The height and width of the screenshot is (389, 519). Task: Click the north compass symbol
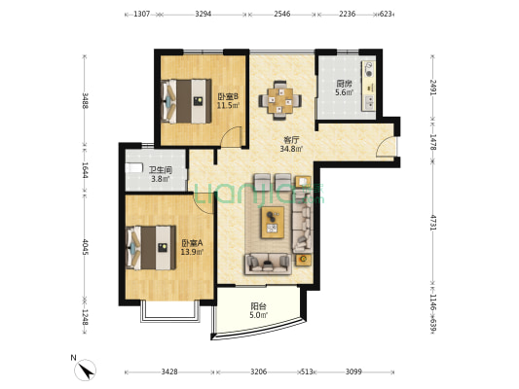(85, 370)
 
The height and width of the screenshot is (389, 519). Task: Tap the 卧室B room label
(228, 96)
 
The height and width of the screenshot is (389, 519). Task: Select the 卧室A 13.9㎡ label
(192, 248)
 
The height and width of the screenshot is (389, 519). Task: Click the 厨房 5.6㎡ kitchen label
(345, 88)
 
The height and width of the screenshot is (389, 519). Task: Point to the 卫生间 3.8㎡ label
(161, 175)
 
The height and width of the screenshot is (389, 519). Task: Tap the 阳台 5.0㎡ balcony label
(258, 310)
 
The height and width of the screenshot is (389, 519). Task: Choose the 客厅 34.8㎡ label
(291, 145)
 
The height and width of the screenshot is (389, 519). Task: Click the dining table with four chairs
(280, 100)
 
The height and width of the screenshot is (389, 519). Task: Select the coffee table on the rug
(273, 222)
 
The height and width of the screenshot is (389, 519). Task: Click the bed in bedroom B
(186, 101)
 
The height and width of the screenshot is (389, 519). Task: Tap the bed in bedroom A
(151, 248)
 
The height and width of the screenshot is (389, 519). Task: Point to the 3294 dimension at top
(204, 14)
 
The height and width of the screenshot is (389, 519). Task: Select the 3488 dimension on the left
(85, 100)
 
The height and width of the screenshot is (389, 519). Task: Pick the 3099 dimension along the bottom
(353, 371)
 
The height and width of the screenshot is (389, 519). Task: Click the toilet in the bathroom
(133, 167)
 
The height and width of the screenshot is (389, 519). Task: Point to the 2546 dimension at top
(282, 14)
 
